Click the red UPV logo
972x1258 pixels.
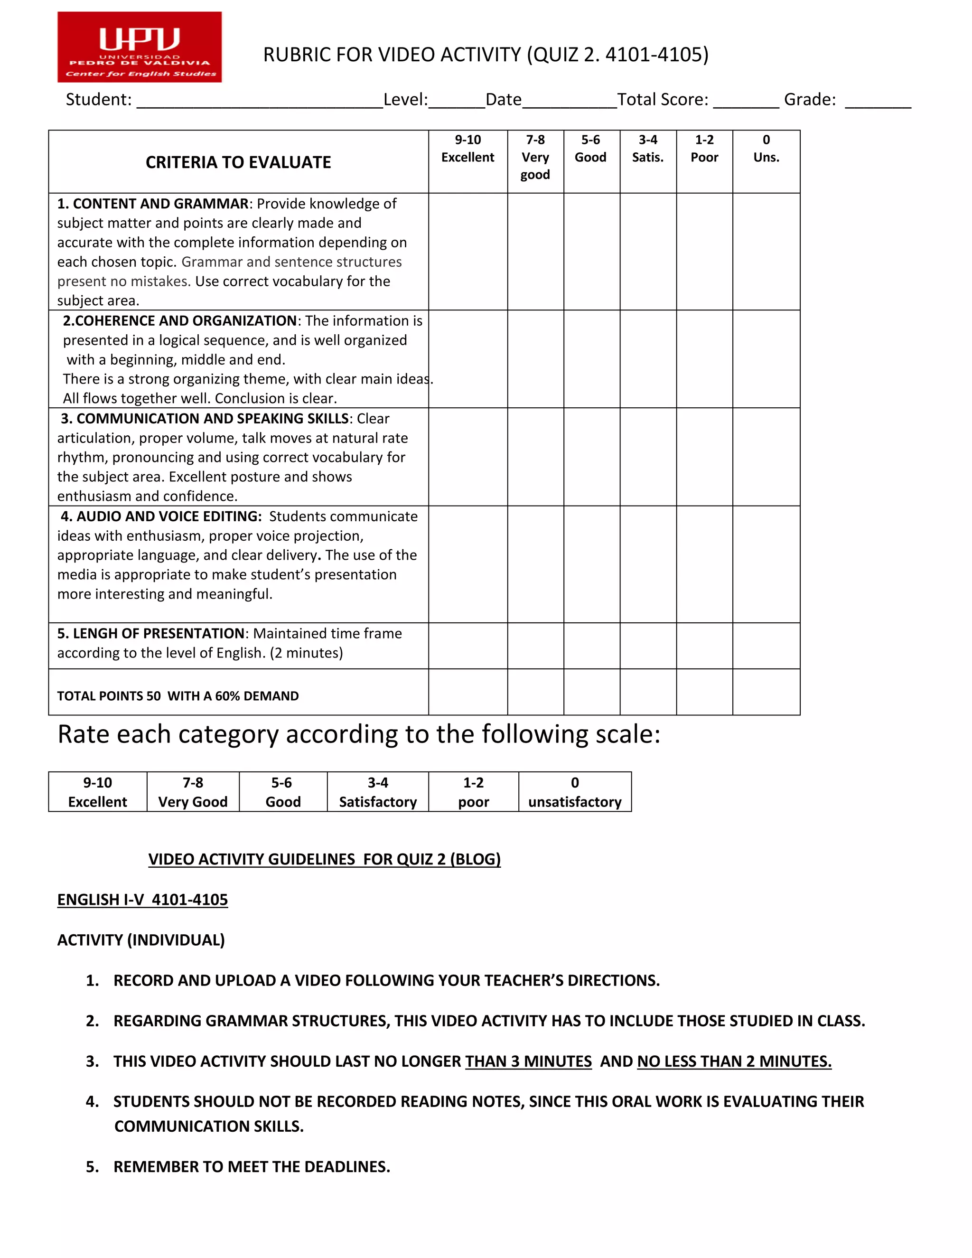tap(140, 47)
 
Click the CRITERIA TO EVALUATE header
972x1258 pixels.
tap(238, 162)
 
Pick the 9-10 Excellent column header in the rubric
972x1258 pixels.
tap(467, 149)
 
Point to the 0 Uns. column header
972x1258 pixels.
tap(766, 149)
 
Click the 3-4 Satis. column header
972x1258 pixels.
tap(648, 149)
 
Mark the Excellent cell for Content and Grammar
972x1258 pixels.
tap(467, 252)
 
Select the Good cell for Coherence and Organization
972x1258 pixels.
tap(591, 359)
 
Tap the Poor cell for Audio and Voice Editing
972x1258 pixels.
tap(704, 564)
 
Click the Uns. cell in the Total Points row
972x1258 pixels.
tap(766, 692)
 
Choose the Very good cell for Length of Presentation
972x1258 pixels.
tap(535, 646)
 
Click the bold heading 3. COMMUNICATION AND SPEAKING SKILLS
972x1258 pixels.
tap(205, 419)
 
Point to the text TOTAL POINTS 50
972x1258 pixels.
tap(109, 696)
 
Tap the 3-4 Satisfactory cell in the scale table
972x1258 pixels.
tap(378, 792)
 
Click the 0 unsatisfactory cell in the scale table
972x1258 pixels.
tap(575, 792)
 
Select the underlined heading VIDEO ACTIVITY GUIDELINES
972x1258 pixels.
tap(324, 859)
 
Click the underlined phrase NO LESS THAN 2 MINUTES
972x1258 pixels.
tap(734, 1061)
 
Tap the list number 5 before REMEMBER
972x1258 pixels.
tap(92, 1166)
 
